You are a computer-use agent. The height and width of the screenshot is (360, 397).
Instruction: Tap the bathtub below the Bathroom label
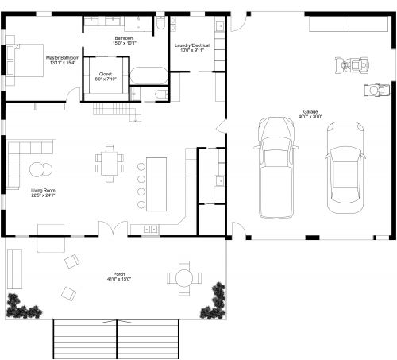coord(149,76)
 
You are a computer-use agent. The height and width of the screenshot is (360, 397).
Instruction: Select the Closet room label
coord(106,77)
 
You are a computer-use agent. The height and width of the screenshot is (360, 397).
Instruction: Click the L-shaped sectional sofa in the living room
coord(24,155)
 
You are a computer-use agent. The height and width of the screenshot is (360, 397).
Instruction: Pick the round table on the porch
coord(184,278)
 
